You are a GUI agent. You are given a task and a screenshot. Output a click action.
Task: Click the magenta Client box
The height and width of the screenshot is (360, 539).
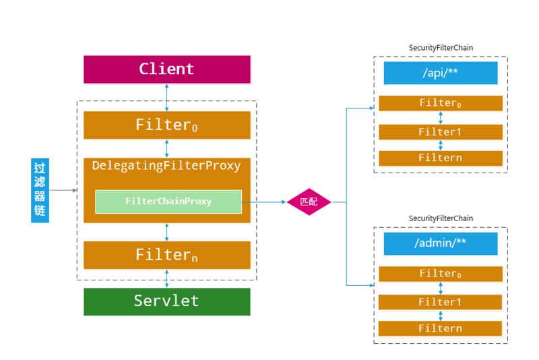pyautogui.click(x=166, y=69)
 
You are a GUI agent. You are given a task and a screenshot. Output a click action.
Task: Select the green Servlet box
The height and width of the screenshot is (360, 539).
pyautogui.click(x=166, y=301)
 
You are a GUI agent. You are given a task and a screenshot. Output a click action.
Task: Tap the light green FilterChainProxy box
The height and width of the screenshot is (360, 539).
pyautogui.click(x=168, y=202)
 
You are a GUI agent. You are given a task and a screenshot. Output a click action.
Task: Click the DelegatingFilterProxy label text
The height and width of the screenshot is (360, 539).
pyautogui.click(x=166, y=166)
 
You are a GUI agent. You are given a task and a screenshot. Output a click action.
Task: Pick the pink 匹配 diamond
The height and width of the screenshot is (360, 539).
pyautogui.click(x=309, y=202)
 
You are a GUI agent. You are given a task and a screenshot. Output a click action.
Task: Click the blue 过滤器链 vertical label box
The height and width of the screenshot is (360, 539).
pyautogui.click(x=40, y=191)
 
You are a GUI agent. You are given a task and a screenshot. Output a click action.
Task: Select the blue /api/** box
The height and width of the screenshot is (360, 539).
pyautogui.click(x=441, y=73)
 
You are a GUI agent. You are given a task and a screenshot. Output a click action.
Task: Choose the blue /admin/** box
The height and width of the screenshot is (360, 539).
pyautogui.click(x=441, y=243)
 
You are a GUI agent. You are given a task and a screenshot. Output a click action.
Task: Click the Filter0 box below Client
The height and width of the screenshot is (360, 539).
pyautogui.click(x=166, y=125)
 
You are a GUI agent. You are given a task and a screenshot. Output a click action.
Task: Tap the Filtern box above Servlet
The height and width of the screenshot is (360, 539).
pyautogui.click(x=166, y=255)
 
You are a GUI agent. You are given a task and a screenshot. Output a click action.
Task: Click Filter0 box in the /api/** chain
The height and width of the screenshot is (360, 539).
pyautogui.click(x=441, y=103)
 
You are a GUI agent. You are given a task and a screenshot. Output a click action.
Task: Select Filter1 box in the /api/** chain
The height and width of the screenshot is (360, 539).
pyautogui.click(x=441, y=132)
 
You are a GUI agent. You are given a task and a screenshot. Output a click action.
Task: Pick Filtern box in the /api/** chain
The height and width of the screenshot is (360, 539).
pyautogui.click(x=441, y=158)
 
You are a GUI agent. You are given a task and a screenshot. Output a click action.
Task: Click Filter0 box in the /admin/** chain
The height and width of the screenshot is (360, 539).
pyautogui.click(x=441, y=274)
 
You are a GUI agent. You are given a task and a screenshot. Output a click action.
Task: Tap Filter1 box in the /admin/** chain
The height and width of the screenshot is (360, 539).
pyautogui.click(x=441, y=302)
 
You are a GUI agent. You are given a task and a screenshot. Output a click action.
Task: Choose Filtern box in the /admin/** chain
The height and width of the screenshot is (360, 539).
pyautogui.click(x=441, y=328)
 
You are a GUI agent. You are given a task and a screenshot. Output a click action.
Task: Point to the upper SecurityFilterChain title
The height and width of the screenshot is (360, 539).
pyautogui.click(x=441, y=48)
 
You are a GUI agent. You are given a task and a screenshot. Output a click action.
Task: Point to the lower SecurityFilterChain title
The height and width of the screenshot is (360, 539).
pyautogui.click(x=441, y=218)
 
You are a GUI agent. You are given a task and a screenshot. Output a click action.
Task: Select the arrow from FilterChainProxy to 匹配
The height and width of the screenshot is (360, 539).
pyautogui.click(x=264, y=202)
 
